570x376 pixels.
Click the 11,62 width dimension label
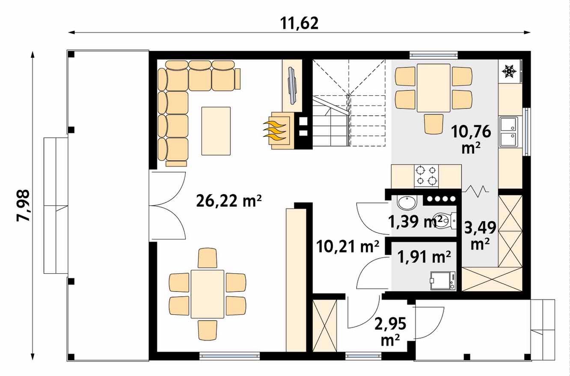click(x=299, y=24)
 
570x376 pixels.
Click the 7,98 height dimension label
click(x=24, y=206)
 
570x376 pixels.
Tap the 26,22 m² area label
click(x=229, y=201)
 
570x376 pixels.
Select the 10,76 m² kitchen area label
click(x=471, y=140)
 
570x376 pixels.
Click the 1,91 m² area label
click(x=424, y=257)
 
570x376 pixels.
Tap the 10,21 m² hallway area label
click(x=347, y=246)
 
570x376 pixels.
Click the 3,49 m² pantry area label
click(x=480, y=235)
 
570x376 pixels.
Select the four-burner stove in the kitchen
click(x=426, y=176)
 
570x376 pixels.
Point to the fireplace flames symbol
click(x=274, y=131)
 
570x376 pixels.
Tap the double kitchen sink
click(x=509, y=132)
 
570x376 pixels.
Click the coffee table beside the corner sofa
click(x=216, y=131)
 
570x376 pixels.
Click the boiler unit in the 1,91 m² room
click(x=443, y=281)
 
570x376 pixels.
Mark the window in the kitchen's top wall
click(x=433, y=55)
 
